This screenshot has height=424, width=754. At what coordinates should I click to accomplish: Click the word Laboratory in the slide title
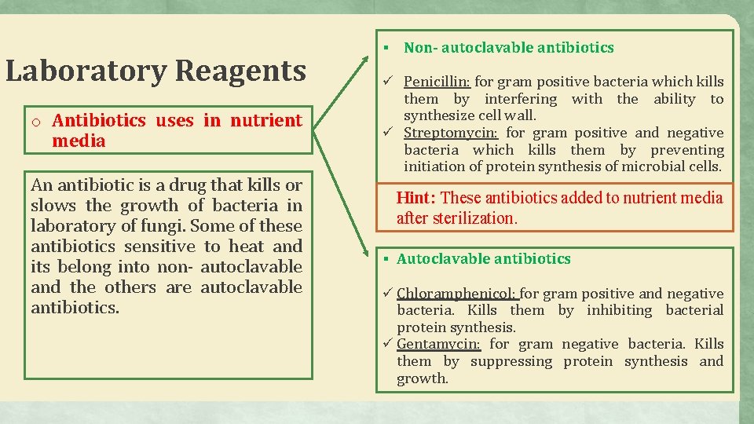(x=86, y=71)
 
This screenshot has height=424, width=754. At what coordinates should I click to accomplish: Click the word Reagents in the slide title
(x=240, y=71)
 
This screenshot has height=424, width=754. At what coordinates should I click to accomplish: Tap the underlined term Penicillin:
(x=437, y=82)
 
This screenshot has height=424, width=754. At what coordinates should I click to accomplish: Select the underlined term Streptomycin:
(x=452, y=133)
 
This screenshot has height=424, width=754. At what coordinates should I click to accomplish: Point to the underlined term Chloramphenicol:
(x=457, y=294)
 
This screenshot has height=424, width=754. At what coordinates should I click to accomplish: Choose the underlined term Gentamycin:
(x=438, y=344)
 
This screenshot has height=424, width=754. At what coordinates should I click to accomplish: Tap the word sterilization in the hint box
(x=474, y=218)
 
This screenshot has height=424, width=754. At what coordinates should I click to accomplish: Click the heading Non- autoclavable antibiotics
(x=509, y=48)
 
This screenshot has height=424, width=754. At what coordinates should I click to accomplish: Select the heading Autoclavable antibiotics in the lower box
(x=484, y=259)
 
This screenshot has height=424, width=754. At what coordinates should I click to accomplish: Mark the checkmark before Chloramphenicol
(x=388, y=293)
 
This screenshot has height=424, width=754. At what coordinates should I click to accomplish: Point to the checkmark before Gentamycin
(x=388, y=343)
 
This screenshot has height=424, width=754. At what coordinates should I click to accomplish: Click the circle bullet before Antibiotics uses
(x=37, y=122)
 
